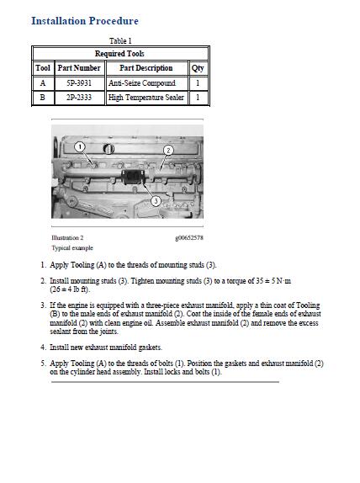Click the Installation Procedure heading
click(85, 21)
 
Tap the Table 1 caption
click(120, 40)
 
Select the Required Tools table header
click(119, 54)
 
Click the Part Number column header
click(79, 68)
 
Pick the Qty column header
click(198, 68)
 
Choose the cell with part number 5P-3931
click(79, 82)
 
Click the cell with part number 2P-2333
click(79, 98)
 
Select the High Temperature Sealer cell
click(146, 98)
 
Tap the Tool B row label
click(43, 98)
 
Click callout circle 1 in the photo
click(80, 146)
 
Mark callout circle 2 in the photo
click(168, 150)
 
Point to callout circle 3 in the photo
click(156, 201)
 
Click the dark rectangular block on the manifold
click(133, 177)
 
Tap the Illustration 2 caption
click(67, 237)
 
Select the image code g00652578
click(189, 238)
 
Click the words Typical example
click(72, 247)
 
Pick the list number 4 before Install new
click(44, 348)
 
